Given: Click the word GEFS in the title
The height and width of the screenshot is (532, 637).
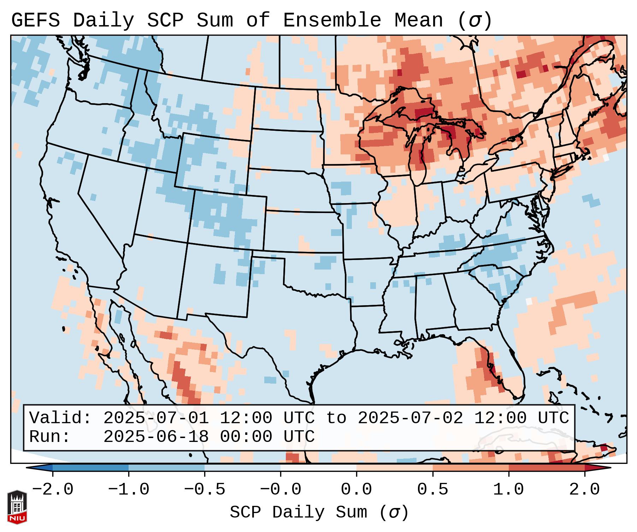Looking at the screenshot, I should [x=35, y=20].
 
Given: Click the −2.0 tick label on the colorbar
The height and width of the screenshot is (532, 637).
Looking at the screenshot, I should [x=53, y=490].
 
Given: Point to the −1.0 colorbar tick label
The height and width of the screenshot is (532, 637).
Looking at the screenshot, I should [x=129, y=490].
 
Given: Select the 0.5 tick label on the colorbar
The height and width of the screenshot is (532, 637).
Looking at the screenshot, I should [x=433, y=490].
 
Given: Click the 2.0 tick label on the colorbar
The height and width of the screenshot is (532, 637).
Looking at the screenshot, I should [x=585, y=490].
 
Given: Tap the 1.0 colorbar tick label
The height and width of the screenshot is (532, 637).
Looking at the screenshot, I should [x=509, y=490].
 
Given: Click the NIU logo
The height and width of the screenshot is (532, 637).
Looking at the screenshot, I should [x=17, y=507].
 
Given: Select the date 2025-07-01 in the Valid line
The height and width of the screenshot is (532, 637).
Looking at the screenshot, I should [x=156, y=418].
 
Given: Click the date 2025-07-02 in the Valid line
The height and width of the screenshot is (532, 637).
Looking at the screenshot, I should [x=411, y=418].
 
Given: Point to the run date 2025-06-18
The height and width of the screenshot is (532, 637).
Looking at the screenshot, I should [x=156, y=437].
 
